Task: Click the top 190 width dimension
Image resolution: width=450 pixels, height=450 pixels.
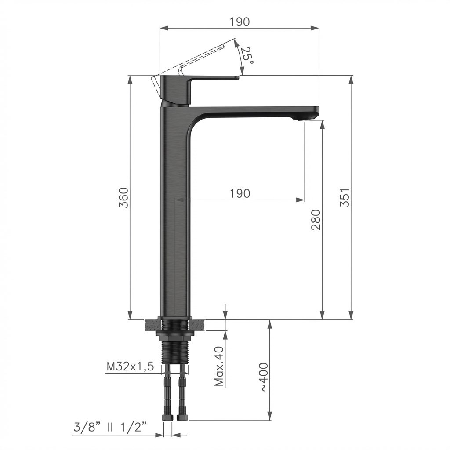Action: tap(240, 22)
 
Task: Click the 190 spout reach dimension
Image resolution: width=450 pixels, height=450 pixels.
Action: tap(240, 193)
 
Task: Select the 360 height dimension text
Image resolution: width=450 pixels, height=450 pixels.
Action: tap(123, 198)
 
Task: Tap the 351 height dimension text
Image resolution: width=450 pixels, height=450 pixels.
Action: tap(345, 197)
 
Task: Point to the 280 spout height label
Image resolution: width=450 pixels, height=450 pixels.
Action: tap(316, 220)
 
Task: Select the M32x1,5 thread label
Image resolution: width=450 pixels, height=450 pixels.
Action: tap(130, 367)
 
